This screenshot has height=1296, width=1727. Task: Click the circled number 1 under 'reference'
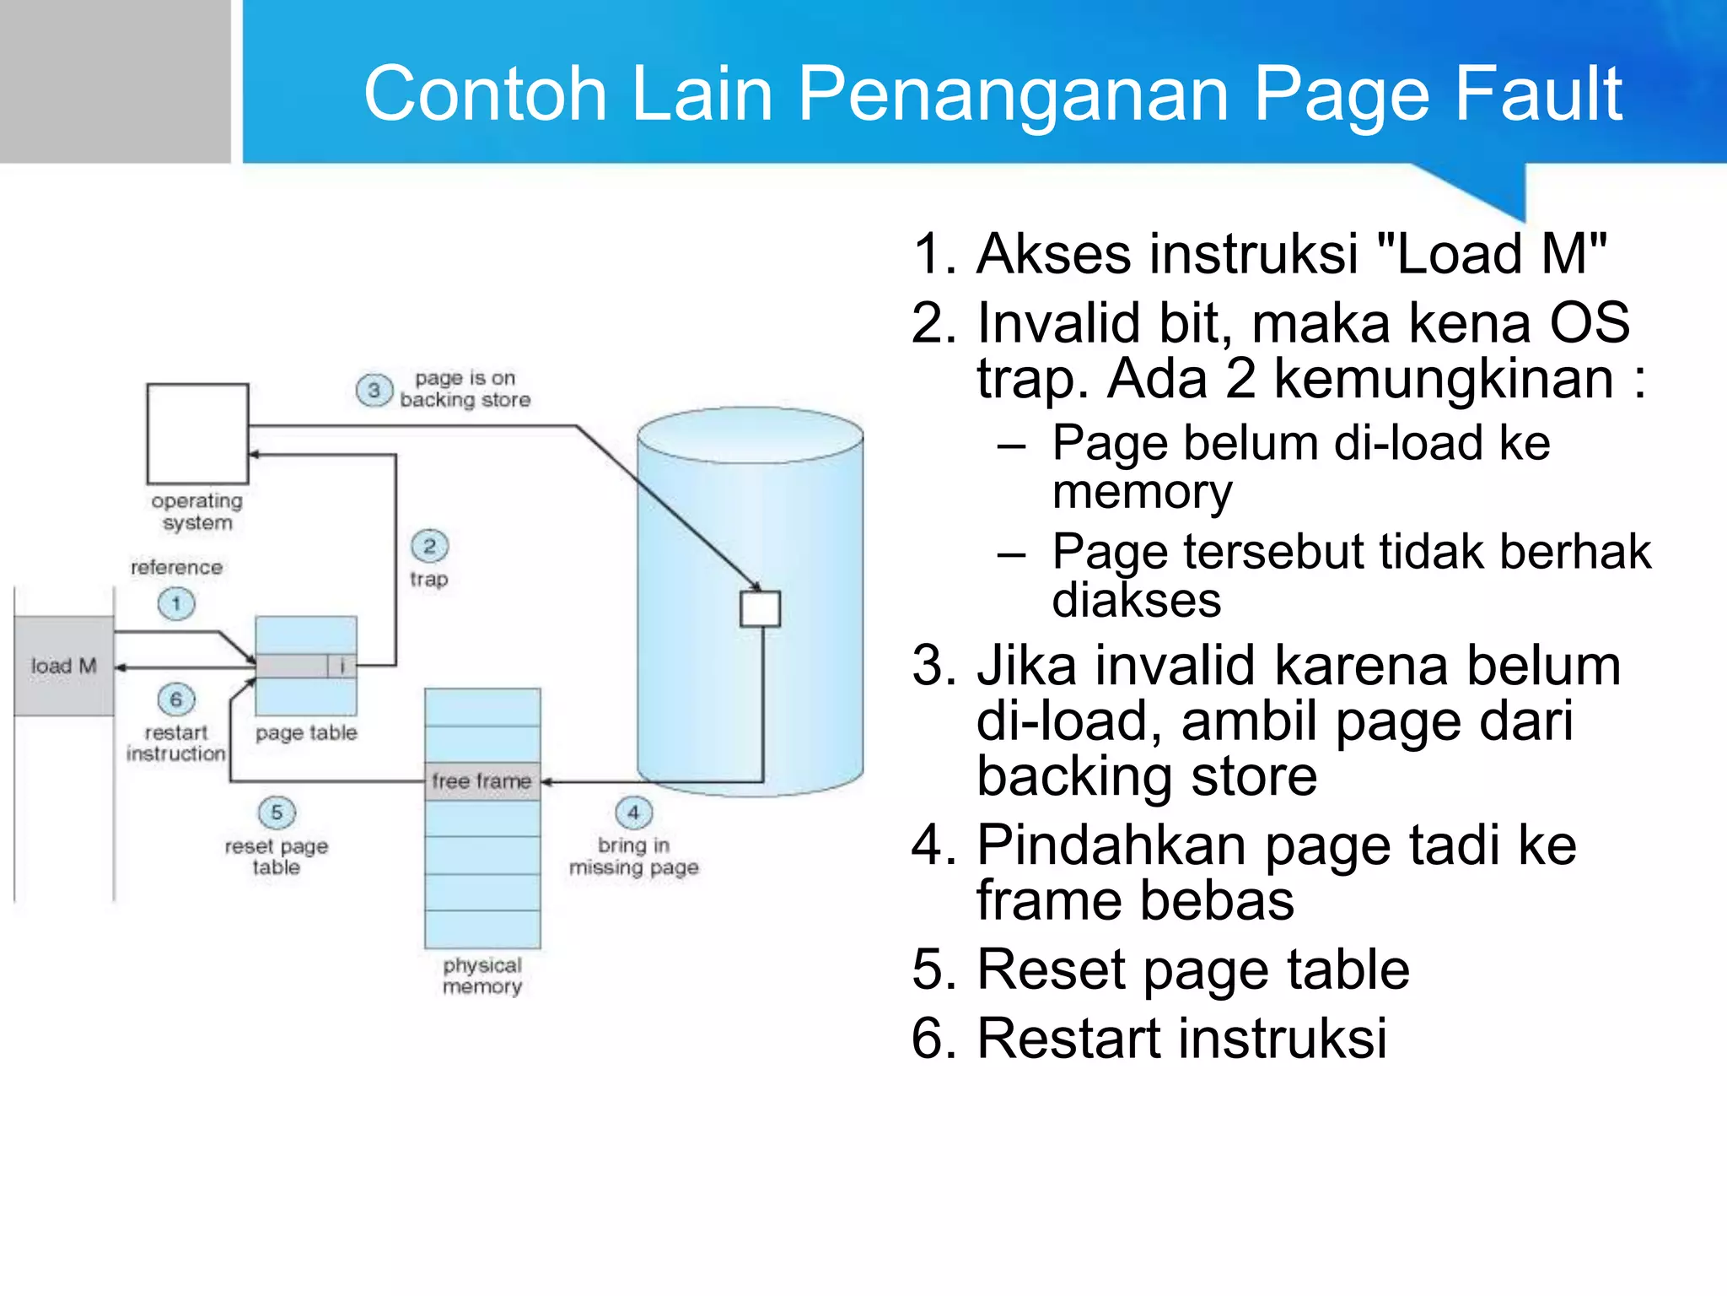tap(176, 604)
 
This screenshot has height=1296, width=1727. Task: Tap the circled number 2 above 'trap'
tap(429, 546)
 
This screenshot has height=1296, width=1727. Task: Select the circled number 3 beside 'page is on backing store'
tap(374, 391)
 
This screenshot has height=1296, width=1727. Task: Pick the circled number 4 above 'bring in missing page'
tap(633, 813)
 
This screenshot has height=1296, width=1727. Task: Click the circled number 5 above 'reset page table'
tap(277, 813)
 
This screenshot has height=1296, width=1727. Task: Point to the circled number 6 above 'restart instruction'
tap(176, 699)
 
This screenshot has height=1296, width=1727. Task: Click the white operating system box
tap(197, 434)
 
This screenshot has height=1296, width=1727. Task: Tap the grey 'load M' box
tap(64, 666)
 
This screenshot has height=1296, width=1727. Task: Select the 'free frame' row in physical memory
tap(482, 781)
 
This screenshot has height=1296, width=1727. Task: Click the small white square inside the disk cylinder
tap(760, 608)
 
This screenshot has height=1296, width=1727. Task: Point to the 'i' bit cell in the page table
tap(342, 667)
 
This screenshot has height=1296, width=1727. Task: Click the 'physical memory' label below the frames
tap(482, 976)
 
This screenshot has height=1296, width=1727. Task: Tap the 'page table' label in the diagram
tap(306, 733)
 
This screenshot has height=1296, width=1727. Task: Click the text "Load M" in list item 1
tap(1491, 253)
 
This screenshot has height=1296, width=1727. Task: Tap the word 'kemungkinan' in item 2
tap(1443, 378)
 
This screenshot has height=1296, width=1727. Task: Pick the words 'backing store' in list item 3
tap(1147, 776)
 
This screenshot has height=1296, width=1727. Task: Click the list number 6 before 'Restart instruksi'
tap(933, 1039)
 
